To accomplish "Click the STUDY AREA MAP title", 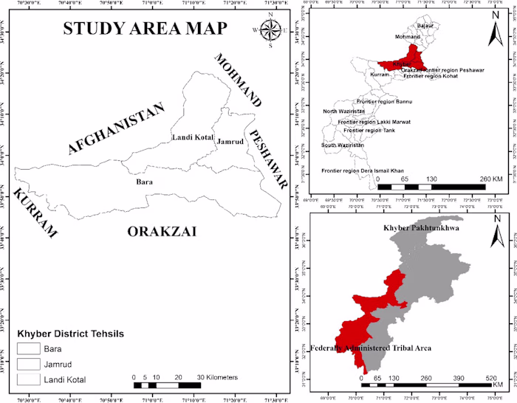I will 145,30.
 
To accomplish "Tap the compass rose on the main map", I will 271,30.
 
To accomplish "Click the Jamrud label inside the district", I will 230,141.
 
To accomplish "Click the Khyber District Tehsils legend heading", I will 69,334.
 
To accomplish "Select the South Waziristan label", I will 343,146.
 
